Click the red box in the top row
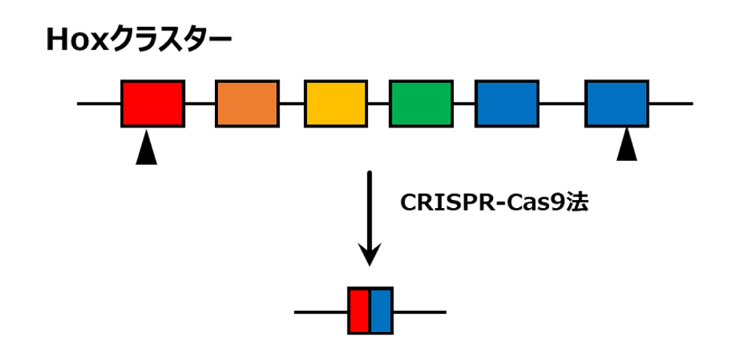pyautogui.click(x=153, y=103)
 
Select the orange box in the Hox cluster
pyautogui.click(x=247, y=103)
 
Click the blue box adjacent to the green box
pyautogui.click(x=506, y=103)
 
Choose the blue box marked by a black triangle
pyautogui.click(x=616, y=103)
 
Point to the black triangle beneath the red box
pyautogui.click(x=146, y=152)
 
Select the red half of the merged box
pyautogui.click(x=359, y=311)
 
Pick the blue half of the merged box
pyautogui.click(x=381, y=311)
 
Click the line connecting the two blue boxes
pyautogui.click(x=561, y=103)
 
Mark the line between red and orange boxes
pyautogui.click(x=200, y=103)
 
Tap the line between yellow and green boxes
pyautogui.click(x=378, y=103)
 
